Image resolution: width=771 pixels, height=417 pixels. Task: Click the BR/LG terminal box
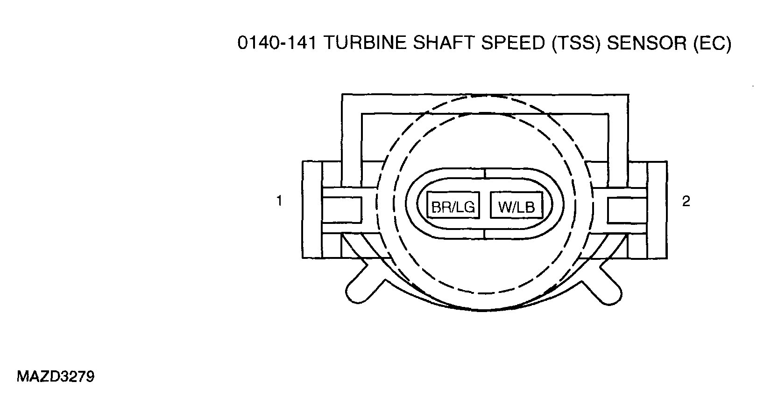453,205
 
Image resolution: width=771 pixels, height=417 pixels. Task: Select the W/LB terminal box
516,205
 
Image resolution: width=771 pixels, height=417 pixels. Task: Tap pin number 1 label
279,201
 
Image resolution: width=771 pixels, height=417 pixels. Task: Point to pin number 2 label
686,202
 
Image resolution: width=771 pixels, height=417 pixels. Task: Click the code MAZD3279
56,377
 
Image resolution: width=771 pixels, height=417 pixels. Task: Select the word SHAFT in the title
444,43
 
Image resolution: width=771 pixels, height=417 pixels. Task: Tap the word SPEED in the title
513,43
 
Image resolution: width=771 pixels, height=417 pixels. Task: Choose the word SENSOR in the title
647,43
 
